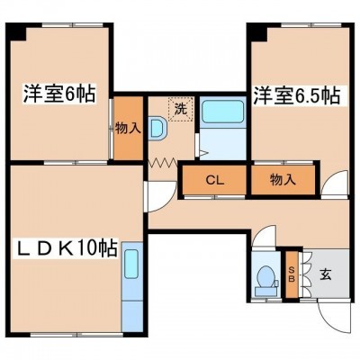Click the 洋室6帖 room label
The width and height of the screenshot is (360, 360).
coord(59,94)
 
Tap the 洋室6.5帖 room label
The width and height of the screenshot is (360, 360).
coord(297,95)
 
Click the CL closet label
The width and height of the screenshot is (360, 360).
coord(215,180)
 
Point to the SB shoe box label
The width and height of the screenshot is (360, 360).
coord(292,274)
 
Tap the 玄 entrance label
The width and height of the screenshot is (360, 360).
coord(326,274)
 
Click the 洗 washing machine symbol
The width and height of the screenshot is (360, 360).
coord(181,109)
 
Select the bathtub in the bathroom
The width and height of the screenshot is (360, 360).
coord(222,112)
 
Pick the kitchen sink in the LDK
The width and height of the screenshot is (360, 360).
coord(131,264)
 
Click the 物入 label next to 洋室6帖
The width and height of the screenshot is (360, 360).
coord(128,128)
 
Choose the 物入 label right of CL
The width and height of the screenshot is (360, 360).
coord(283,180)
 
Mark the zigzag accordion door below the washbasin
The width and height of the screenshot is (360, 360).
coord(163,164)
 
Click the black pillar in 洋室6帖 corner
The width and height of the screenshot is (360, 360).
coord(17,32)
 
